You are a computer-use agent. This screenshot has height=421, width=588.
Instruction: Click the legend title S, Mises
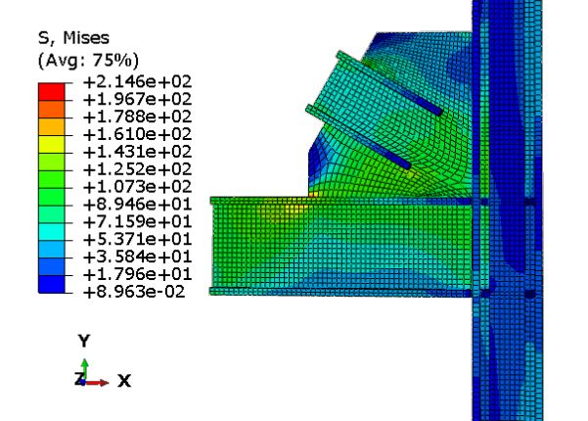pyautogui.click(x=74, y=38)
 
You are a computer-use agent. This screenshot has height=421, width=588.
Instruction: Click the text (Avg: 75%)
pyautogui.click(x=88, y=60)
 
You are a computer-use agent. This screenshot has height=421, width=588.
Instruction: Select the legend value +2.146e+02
pyautogui.click(x=138, y=82)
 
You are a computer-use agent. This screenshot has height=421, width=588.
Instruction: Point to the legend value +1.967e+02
pyautogui.click(x=138, y=100)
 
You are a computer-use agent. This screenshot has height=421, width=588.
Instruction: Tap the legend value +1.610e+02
pyautogui.click(x=138, y=134)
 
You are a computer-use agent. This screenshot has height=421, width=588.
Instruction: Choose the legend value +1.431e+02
pyautogui.click(x=138, y=152)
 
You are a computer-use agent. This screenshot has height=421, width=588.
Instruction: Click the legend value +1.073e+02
pyautogui.click(x=138, y=187)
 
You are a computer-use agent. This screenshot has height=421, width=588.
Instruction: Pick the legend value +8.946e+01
pyautogui.click(x=138, y=205)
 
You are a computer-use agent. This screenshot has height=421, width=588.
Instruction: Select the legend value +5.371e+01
pyautogui.click(x=138, y=240)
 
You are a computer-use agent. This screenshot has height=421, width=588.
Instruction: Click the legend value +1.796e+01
pyautogui.click(x=138, y=275)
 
